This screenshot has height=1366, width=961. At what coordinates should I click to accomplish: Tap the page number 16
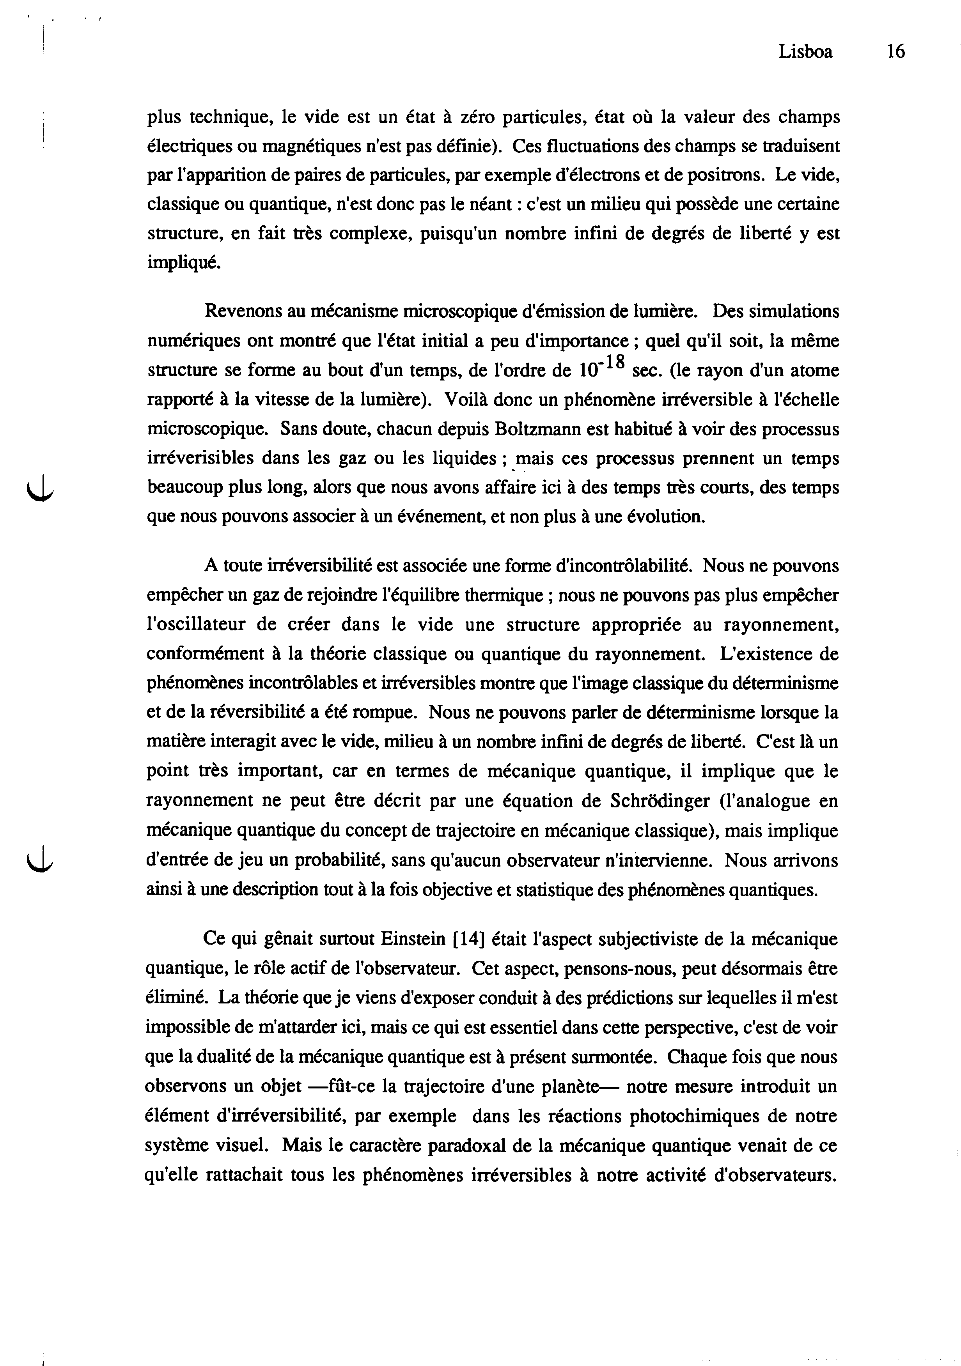895,52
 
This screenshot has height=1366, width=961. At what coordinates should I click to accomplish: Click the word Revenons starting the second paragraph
242,311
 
